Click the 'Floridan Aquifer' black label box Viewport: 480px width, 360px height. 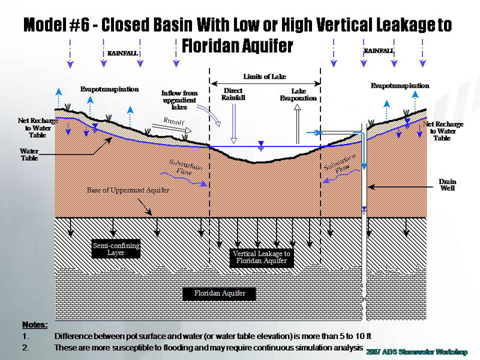[x=219, y=293]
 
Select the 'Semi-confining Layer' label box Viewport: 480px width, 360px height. [x=116, y=249]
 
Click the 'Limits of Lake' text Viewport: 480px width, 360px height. [x=265, y=77]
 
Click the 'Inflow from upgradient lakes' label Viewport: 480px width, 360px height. [x=179, y=100]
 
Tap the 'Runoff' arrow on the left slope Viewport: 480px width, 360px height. [x=178, y=124]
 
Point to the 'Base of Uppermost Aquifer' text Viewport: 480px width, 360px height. [x=128, y=190]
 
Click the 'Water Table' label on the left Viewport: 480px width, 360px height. [x=29, y=155]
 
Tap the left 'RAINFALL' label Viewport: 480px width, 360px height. [x=122, y=53]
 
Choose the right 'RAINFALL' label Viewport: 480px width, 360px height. [x=379, y=51]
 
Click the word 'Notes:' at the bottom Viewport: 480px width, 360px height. [x=35, y=325]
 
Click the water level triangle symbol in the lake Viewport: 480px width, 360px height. [x=260, y=144]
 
